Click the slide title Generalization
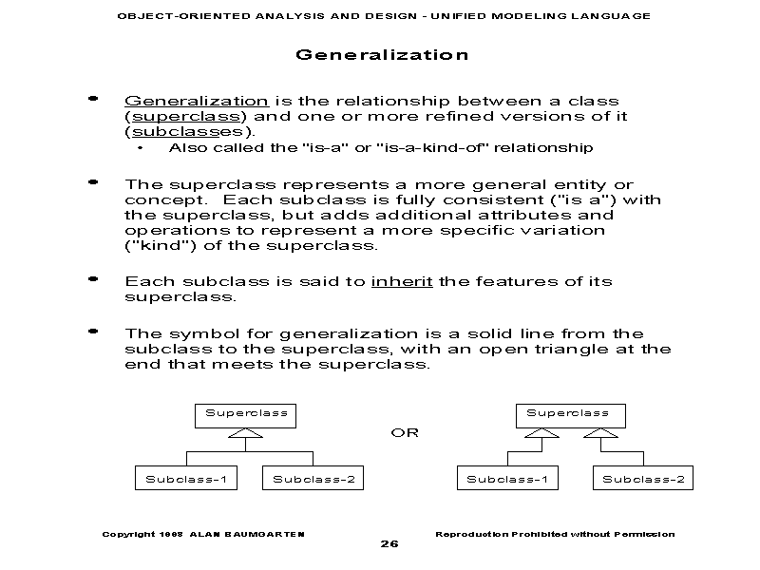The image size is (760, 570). click(382, 55)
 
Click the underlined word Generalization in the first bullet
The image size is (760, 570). click(197, 101)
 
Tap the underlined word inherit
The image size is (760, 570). click(402, 281)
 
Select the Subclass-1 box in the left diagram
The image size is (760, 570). click(185, 479)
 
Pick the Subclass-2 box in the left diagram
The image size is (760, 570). click(313, 479)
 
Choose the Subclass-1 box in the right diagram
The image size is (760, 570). click(506, 479)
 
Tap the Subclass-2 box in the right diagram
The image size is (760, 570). click(643, 479)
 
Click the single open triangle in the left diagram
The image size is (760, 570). click(246, 434)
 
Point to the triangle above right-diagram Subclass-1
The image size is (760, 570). click(542, 434)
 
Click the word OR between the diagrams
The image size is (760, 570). click(405, 433)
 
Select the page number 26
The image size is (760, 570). click(389, 544)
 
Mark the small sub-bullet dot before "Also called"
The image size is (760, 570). click(141, 148)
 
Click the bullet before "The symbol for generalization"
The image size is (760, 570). click(93, 332)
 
